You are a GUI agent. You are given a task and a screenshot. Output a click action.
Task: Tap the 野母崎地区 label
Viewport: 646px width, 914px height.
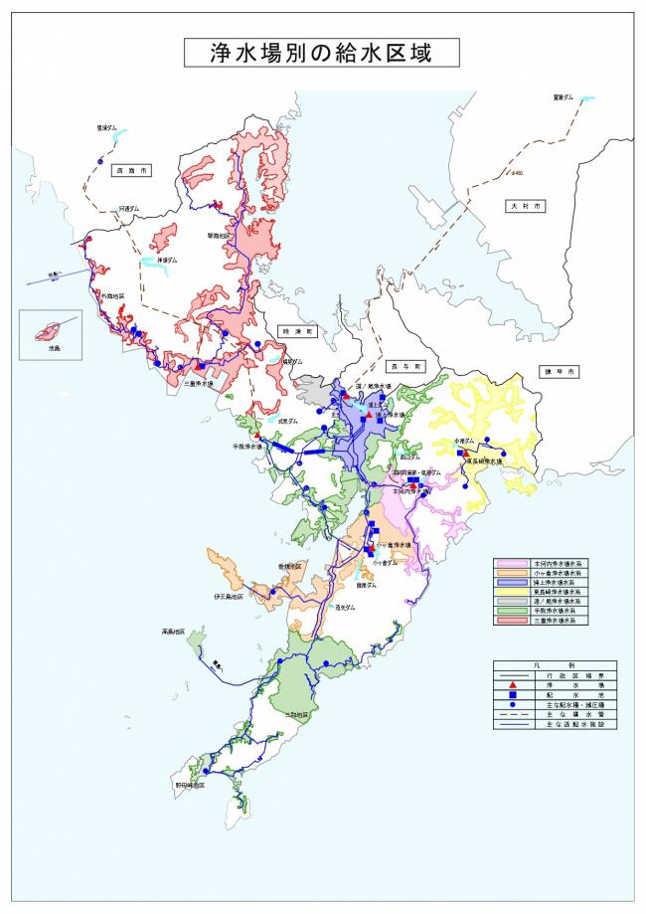190,785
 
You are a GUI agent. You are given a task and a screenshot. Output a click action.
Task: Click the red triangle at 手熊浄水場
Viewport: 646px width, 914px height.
256,436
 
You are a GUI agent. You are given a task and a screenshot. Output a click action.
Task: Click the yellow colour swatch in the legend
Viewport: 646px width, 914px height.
514,594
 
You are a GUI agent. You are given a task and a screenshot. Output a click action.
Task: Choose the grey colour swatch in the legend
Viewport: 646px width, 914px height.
514,602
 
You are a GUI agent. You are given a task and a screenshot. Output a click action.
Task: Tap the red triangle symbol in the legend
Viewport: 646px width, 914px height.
513,685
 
